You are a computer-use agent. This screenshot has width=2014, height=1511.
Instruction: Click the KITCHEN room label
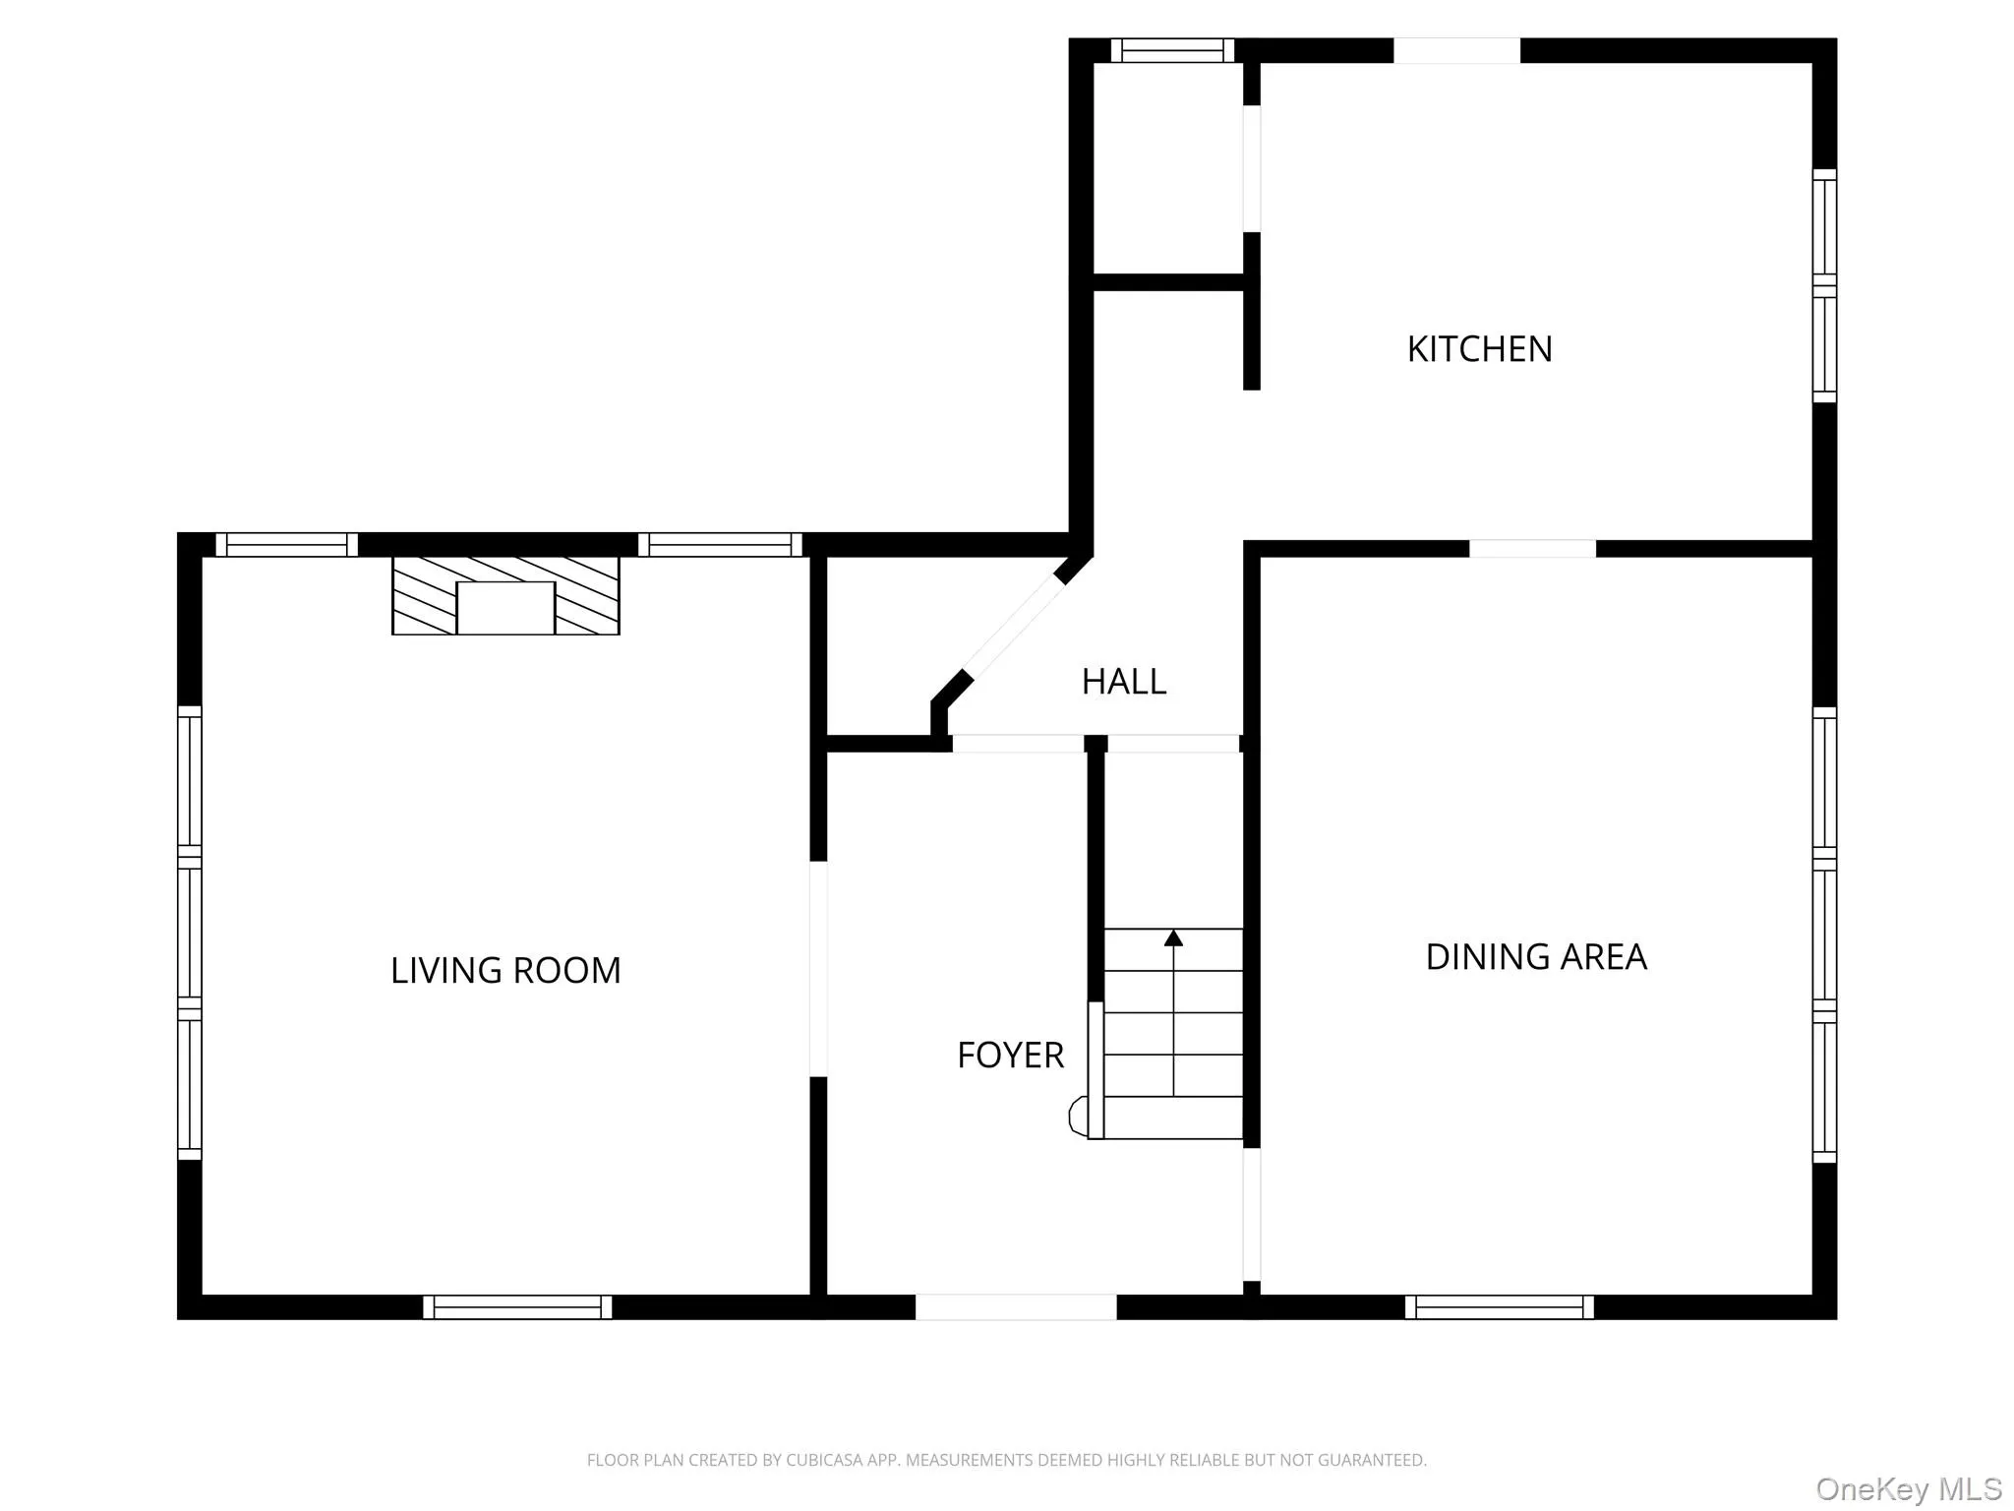[1479, 349]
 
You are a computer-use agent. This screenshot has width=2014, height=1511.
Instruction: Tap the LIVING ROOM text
[505, 971]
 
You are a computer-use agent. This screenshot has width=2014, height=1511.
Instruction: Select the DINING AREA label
[1535, 957]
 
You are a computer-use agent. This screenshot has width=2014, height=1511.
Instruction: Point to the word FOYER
[1010, 1056]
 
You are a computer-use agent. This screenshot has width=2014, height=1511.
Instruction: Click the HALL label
[1123, 682]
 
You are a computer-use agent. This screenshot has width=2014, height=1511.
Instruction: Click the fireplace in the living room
[505, 596]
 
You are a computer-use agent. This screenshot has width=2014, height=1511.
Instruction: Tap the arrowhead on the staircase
[1173, 937]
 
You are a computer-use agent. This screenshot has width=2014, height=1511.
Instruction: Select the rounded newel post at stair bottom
[1078, 1117]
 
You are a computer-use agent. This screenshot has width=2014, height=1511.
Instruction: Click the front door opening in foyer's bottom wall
[1016, 1306]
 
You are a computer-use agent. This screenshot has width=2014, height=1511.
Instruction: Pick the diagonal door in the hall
[1013, 627]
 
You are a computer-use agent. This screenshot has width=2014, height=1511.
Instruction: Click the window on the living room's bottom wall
[517, 1306]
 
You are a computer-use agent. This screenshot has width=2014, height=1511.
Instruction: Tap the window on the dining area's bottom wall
[1499, 1306]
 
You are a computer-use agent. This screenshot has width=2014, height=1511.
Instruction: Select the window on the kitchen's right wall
[1824, 285]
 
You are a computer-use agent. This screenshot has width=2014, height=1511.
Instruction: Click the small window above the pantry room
[1172, 50]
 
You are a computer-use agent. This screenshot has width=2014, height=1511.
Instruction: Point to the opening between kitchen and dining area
[1532, 549]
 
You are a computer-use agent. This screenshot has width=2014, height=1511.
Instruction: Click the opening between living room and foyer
[818, 969]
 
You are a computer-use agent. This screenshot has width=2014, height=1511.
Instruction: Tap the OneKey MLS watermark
[1908, 1489]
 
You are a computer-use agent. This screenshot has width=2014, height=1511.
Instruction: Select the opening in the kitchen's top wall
[1456, 50]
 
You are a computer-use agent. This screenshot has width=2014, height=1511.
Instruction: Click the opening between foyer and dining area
[1251, 1214]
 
